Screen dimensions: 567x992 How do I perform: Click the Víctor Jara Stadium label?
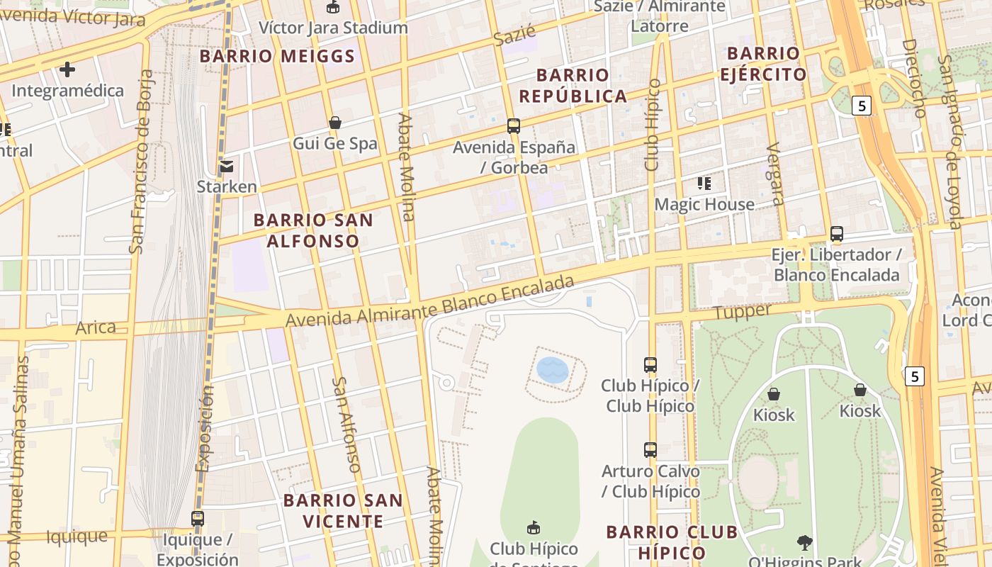(x=333, y=28)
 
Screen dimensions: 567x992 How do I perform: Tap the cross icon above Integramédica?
(x=67, y=69)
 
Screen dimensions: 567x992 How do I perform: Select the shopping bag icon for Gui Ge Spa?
(x=335, y=123)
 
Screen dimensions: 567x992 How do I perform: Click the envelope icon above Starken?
(x=227, y=167)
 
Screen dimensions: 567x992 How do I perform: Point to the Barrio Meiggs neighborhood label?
(x=277, y=56)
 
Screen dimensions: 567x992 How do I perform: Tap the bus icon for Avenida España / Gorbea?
(x=514, y=126)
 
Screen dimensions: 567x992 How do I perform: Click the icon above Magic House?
(x=704, y=184)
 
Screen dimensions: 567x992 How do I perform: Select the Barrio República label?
(x=573, y=85)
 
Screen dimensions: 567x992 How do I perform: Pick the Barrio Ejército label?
(x=763, y=64)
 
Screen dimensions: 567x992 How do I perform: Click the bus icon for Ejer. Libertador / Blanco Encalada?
(x=837, y=234)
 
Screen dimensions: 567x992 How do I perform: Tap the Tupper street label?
(x=743, y=312)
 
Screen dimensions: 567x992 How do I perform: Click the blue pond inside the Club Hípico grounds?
(x=553, y=370)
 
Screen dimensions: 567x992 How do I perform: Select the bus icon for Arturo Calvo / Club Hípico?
(x=650, y=450)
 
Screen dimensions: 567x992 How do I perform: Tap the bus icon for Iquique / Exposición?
(x=198, y=519)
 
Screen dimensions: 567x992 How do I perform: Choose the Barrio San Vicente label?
(x=343, y=510)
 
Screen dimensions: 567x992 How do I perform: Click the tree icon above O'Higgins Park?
(x=804, y=543)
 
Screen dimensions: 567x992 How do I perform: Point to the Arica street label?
(x=96, y=327)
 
